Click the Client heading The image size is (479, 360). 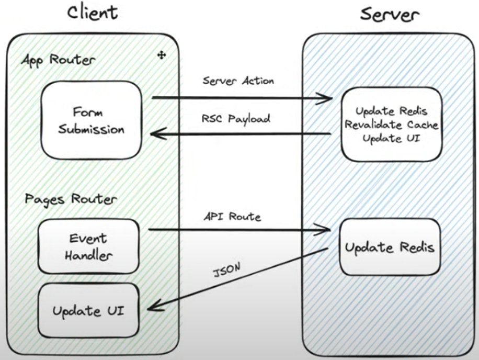[92, 13]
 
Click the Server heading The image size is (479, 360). [390, 14]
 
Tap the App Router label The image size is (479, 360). [58, 60]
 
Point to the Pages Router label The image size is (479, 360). [71, 199]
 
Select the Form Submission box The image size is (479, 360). [92, 120]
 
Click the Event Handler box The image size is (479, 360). [88, 246]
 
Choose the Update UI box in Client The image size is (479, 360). [88, 310]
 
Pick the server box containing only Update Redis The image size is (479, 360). [390, 247]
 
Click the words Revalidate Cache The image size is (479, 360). [391, 125]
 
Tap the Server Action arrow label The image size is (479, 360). [238, 81]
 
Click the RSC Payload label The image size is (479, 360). [236, 119]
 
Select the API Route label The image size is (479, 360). [232, 217]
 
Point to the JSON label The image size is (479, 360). [226, 269]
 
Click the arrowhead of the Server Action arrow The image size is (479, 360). [332, 98]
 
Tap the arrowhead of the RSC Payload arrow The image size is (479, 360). [151, 133]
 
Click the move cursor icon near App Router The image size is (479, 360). [161, 55]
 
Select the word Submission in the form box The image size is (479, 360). [92, 129]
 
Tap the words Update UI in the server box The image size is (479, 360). [391, 139]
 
